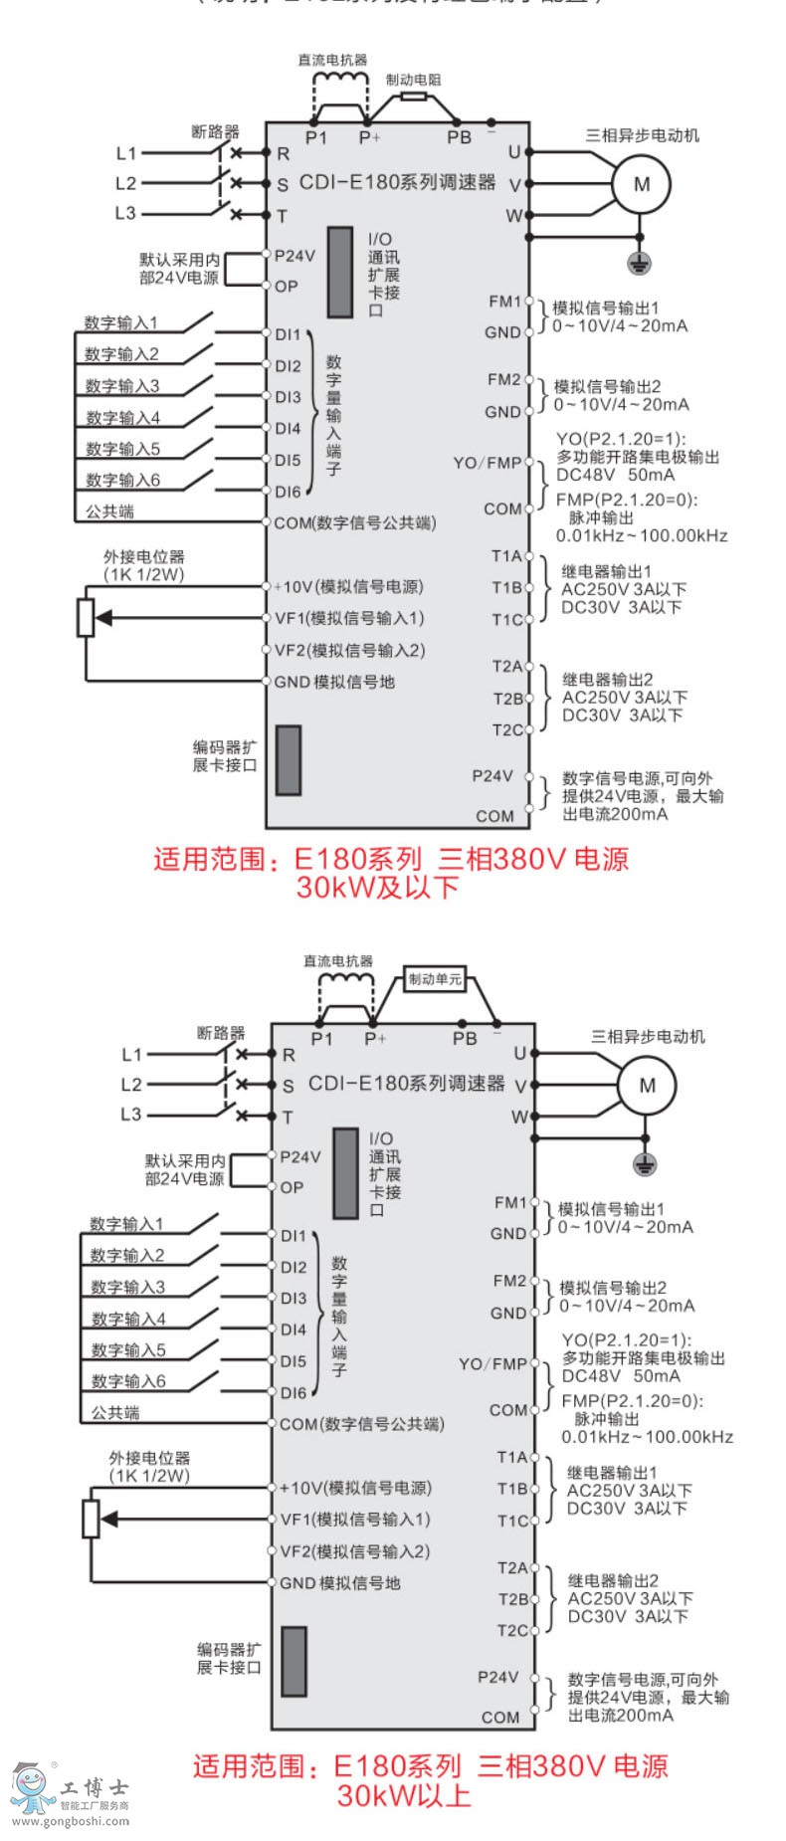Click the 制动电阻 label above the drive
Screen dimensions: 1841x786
point(413,80)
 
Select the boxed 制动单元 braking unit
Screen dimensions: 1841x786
point(435,979)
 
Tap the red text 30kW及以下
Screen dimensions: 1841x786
point(377,888)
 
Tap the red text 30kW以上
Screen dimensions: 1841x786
point(403,1795)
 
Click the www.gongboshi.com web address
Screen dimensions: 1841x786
point(70,1821)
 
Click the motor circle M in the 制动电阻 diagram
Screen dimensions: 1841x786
point(642,184)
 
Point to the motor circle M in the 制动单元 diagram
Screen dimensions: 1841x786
point(648,1085)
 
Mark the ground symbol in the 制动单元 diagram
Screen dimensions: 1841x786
point(646,1164)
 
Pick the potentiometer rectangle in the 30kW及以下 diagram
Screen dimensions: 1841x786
point(86,617)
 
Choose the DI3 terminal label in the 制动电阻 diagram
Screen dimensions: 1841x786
point(288,397)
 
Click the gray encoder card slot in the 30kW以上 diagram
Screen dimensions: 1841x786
point(294,1661)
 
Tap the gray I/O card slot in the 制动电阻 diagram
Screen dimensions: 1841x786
point(340,273)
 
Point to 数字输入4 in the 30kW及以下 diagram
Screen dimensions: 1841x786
point(122,418)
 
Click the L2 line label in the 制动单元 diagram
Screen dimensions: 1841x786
point(131,1085)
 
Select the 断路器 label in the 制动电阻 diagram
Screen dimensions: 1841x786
point(216,131)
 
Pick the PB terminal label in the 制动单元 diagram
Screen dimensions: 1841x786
point(465,1039)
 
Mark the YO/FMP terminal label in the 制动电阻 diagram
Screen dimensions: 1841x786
point(488,463)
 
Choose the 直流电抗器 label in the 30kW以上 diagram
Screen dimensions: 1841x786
point(338,961)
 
